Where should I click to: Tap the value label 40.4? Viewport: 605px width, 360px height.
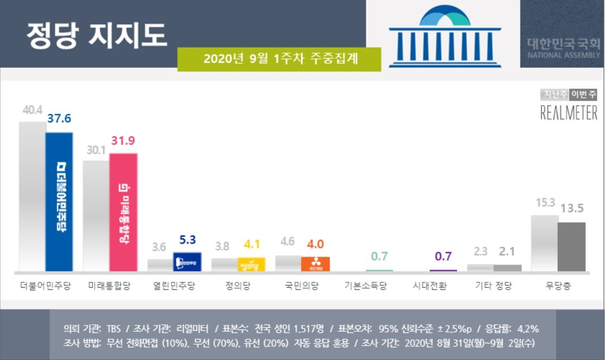[x=32, y=111]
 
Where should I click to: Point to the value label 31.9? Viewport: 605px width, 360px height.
[x=123, y=142]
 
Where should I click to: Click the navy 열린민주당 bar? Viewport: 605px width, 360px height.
[x=187, y=262]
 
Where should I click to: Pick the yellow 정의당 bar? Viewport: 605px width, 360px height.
[x=251, y=264]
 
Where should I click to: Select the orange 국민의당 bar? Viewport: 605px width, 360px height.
[x=316, y=264]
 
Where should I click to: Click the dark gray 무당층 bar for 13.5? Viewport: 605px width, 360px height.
[x=571, y=247]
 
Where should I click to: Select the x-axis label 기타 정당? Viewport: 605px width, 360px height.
[x=493, y=286]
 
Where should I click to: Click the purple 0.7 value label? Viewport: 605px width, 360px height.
[x=443, y=256]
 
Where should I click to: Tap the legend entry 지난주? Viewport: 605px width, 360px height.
[x=554, y=95]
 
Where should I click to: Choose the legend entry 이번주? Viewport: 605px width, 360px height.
[x=583, y=95]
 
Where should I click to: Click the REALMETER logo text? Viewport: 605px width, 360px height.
[x=568, y=113]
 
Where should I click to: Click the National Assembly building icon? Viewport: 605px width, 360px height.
[x=445, y=38]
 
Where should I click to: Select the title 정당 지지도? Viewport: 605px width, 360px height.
[x=97, y=35]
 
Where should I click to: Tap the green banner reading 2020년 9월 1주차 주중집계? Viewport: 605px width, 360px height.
[x=279, y=59]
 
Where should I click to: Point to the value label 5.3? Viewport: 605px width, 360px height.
[x=187, y=240]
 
